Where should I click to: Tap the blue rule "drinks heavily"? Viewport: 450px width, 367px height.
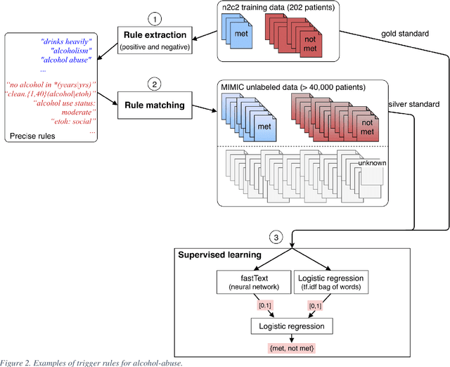tap(67, 41)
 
